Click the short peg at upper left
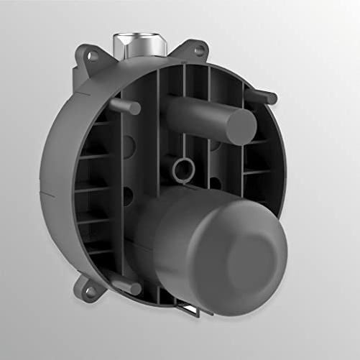click(129, 109)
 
